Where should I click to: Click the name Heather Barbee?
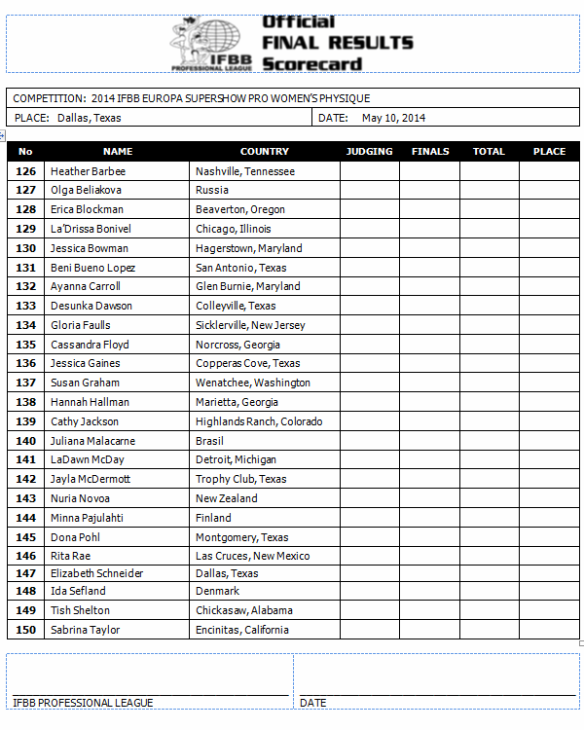(88, 171)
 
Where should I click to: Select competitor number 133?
(26, 306)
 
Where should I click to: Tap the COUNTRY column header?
(265, 152)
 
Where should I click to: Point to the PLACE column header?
(549, 152)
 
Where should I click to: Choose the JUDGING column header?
(370, 152)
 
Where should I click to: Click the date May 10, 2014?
(393, 118)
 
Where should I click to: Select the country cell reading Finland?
(213, 518)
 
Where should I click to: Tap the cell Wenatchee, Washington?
(253, 383)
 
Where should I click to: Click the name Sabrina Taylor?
(86, 630)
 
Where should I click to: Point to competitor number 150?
(26, 630)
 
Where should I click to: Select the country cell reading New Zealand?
(227, 498)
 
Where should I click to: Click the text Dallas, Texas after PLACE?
(89, 118)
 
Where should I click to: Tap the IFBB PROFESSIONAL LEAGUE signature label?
(83, 703)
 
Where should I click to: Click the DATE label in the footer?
(313, 703)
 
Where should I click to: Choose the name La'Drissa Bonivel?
(91, 229)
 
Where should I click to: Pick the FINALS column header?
(430, 152)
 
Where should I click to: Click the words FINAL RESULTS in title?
(338, 43)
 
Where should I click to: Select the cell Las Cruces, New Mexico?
(253, 556)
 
